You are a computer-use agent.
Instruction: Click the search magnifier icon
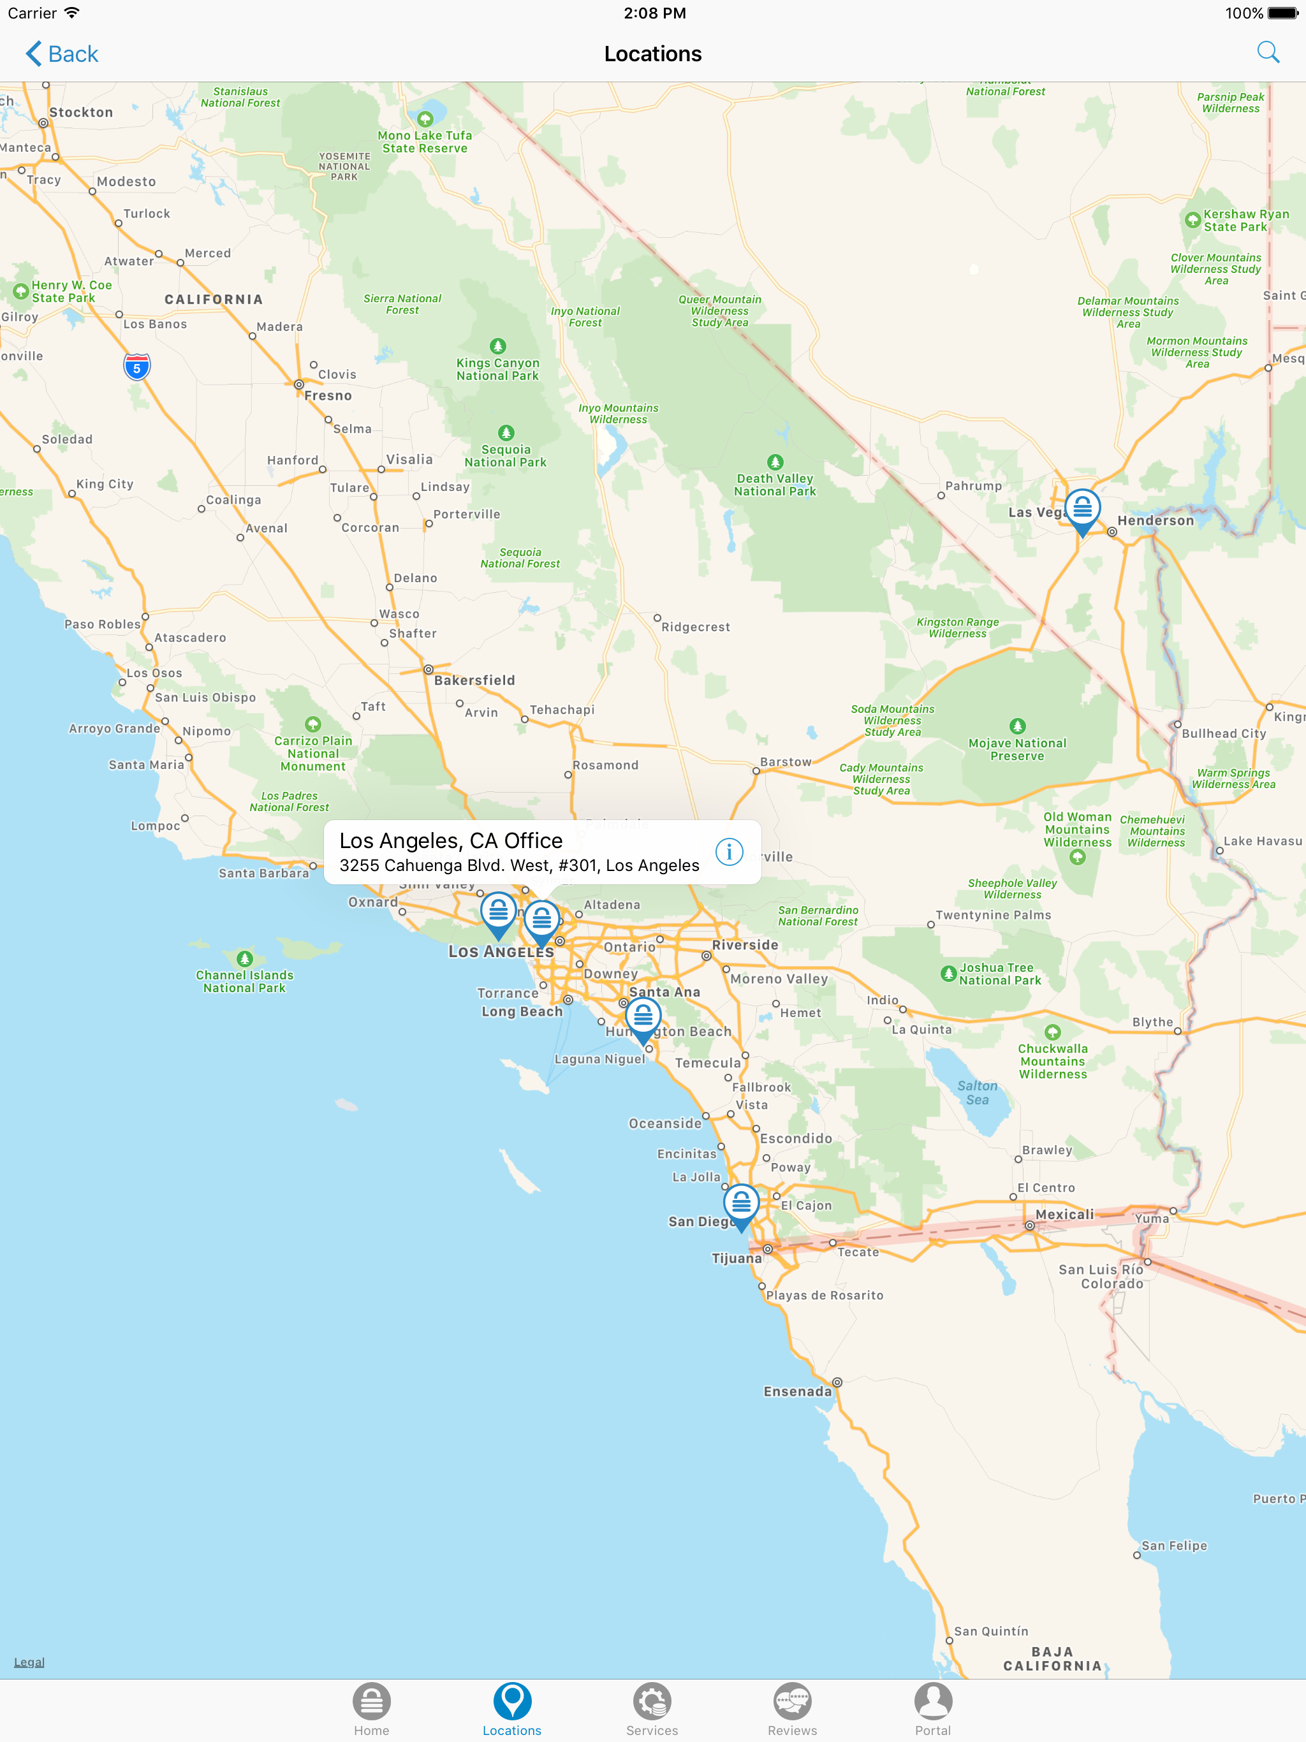1267,52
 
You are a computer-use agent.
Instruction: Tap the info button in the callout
729,851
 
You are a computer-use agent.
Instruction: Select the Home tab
371,1709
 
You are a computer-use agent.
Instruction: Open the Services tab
652,1709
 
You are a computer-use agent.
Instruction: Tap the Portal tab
933,1709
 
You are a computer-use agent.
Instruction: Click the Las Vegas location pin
1082,509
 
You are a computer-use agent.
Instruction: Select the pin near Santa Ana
643,1018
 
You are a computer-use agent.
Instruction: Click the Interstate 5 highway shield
137,367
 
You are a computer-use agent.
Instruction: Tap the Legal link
29,1662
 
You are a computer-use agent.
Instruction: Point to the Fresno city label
328,395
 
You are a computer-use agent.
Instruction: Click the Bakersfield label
474,680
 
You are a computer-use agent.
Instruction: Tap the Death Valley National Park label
775,485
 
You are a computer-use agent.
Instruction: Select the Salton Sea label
977,1092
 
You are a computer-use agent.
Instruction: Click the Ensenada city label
797,1391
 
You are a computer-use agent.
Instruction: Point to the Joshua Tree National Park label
999,974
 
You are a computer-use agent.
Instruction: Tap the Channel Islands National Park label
244,981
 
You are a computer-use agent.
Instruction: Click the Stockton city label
81,113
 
